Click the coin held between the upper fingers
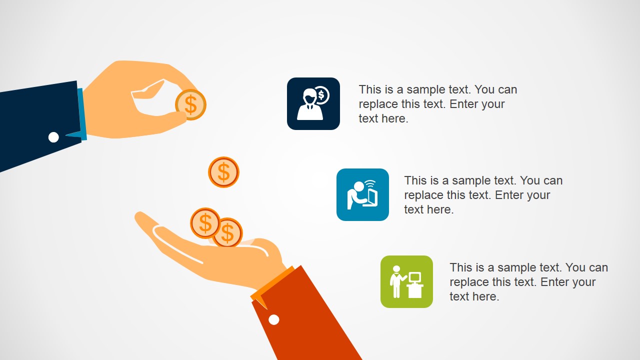click(190, 104)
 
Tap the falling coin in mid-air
click(223, 172)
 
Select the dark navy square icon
click(313, 103)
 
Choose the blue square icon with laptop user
click(362, 194)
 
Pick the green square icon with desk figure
click(406, 281)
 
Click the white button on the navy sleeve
click(53, 137)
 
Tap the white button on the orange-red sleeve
click(273, 319)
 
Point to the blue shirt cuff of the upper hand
click(81, 114)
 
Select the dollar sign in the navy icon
click(322, 94)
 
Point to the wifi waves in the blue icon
click(370, 183)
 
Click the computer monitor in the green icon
click(414, 277)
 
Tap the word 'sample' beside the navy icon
click(426, 90)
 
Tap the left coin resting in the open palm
click(205, 223)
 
